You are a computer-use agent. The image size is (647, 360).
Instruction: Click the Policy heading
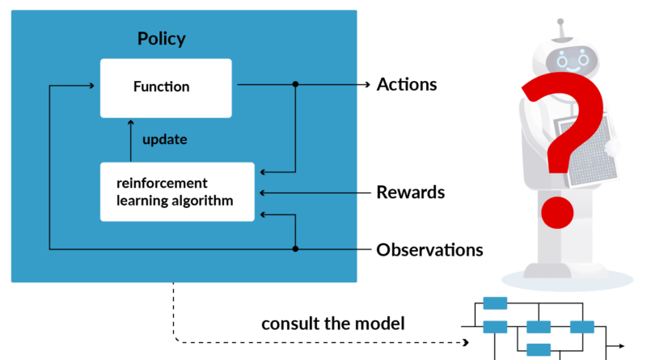162,39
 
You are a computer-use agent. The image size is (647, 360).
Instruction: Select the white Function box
166,87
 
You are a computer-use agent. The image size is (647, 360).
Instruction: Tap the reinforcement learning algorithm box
177,191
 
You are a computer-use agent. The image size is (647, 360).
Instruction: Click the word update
164,139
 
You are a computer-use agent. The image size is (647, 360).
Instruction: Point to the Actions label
407,84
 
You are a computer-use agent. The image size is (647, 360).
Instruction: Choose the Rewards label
410,193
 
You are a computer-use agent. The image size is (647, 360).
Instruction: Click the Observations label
429,249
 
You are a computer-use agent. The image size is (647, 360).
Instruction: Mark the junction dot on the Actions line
295,84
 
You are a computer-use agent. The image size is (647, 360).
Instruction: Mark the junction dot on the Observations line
295,249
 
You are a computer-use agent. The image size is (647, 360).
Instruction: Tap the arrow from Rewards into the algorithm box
315,193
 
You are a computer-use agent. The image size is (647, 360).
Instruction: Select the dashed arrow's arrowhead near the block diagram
464,341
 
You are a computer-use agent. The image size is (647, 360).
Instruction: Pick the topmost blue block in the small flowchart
494,303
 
